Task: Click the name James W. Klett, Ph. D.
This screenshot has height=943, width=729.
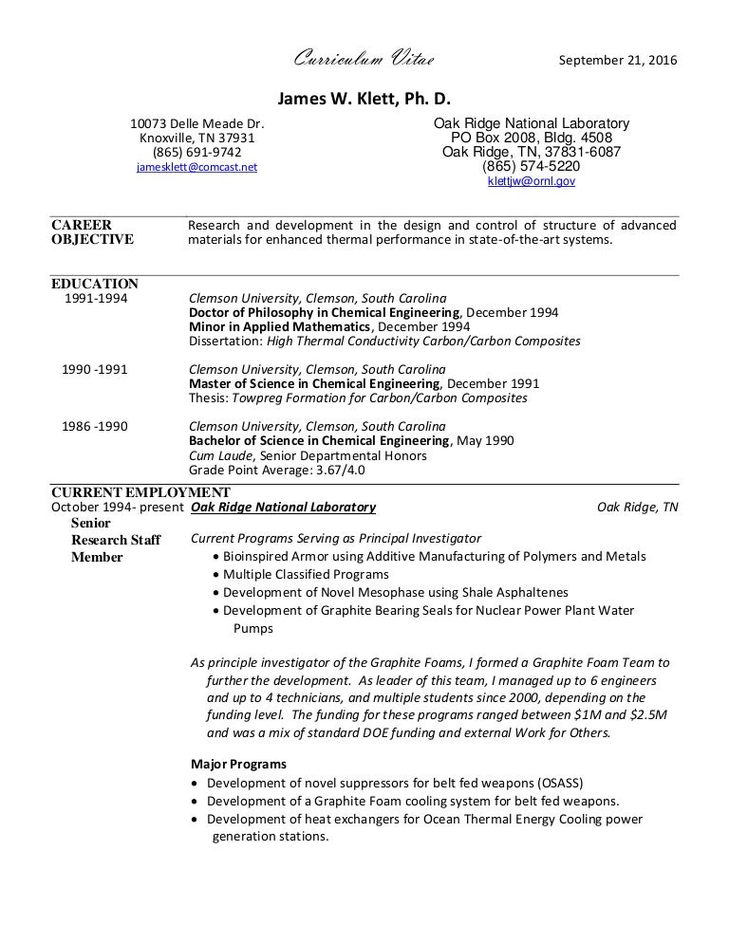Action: click(x=364, y=98)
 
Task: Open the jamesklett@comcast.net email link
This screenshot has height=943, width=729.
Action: click(x=196, y=167)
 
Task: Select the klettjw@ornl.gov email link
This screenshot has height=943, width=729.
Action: click(x=531, y=180)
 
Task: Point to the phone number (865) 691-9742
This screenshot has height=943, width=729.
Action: click(x=196, y=152)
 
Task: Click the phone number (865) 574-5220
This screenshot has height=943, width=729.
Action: click(x=531, y=166)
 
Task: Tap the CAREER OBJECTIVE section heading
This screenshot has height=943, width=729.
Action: click(x=91, y=232)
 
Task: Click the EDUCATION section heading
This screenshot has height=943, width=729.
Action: click(x=94, y=284)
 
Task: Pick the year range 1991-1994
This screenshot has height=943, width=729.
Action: click(x=95, y=298)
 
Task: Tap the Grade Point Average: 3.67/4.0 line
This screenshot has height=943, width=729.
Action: click(x=277, y=470)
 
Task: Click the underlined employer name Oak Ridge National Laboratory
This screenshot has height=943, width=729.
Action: click(x=284, y=508)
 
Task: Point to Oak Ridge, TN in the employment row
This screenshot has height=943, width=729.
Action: click(x=637, y=508)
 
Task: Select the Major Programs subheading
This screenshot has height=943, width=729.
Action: click(x=239, y=765)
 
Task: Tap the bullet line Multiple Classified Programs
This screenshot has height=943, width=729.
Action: click(x=306, y=574)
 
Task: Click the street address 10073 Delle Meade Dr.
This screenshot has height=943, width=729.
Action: click(x=196, y=123)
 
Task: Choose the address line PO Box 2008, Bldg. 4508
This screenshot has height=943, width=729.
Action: click(x=531, y=138)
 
